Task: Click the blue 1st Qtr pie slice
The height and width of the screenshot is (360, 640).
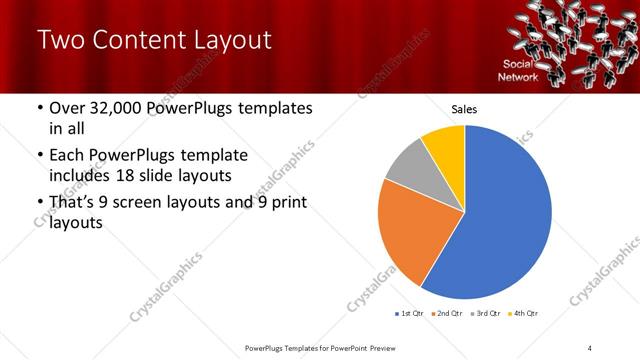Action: click(x=510, y=220)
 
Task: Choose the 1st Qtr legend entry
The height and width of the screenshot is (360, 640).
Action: click(x=410, y=314)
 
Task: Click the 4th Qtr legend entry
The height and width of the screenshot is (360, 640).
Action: click(x=523, y=314)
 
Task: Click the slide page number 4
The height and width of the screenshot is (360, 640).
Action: click(x=591, y=347)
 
